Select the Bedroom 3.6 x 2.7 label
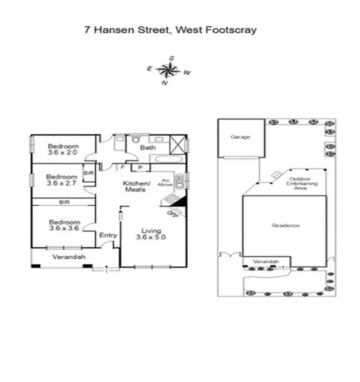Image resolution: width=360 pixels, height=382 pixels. coord(62,180)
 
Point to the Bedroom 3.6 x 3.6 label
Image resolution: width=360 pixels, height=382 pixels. coord(63,225)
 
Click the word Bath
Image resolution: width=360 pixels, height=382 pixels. coord(148,148)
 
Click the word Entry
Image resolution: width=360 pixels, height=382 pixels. coord(108,235)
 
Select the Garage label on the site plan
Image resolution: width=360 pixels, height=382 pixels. coord(240,136)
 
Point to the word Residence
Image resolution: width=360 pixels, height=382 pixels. coord(285,226)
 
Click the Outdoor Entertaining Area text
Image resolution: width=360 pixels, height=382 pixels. coord(300,183)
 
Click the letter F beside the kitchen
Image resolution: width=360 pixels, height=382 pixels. coord(123,168)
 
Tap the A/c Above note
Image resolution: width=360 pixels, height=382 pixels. coord(165,183)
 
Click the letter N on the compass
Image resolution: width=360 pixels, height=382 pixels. coord(164,83)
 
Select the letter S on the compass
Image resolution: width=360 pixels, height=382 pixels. coord(172,57)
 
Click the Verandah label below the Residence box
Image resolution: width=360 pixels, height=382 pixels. coord(266,261)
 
